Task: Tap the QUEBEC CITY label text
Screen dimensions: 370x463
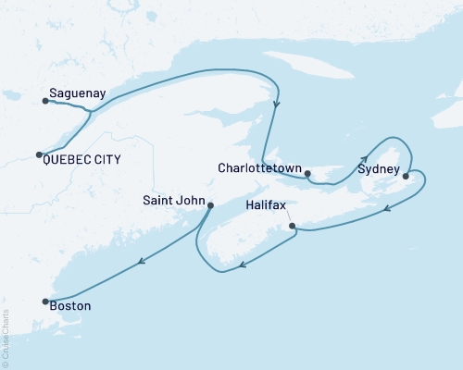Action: (83, 160)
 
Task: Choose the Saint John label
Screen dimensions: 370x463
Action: (173, 199)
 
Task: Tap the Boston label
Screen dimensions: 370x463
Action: (71, 303)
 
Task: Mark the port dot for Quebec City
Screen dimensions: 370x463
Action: (39, 154)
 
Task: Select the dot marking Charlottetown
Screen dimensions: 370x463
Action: (309, 172)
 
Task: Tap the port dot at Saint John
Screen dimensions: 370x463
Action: (210, 205)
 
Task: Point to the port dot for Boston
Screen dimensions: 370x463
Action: (43, 301)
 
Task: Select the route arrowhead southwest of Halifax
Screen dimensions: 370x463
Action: (241, 266)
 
